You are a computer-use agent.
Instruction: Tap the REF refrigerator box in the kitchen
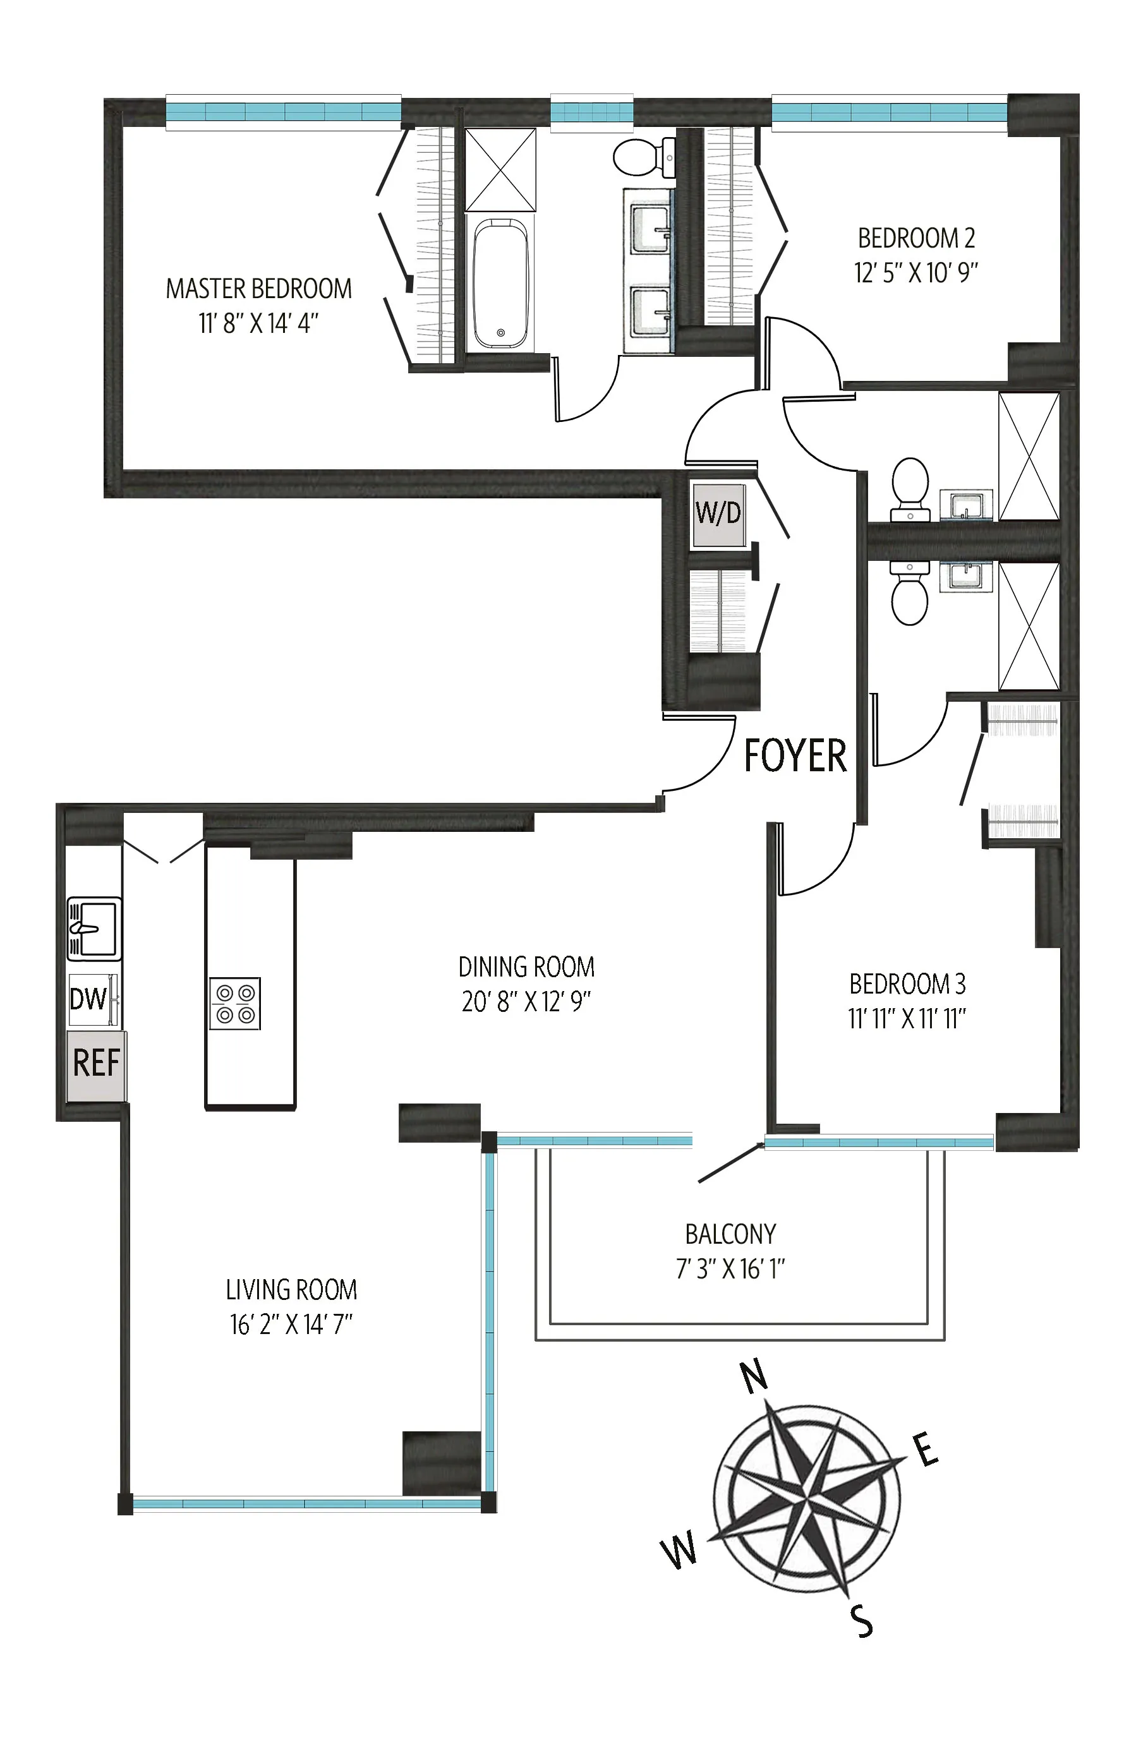(97, 1064)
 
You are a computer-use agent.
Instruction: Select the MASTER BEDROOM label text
(258, 289)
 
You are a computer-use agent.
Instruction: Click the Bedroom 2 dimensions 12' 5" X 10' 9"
(915, 274)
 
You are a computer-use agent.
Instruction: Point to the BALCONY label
(730, 1234)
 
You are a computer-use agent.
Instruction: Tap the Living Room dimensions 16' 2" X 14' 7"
(291, 1325)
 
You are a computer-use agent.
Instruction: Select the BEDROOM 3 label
(907, 984)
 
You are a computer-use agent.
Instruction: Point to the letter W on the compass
(680, 1549)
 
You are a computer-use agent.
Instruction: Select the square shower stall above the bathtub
(501, 170)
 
